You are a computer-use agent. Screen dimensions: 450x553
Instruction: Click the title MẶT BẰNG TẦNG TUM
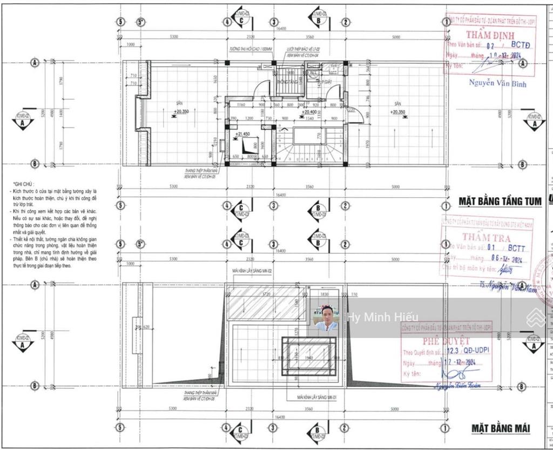pyautogui.click(x=500, y=202)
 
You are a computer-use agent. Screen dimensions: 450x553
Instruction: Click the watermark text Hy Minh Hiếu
pyautogui.click(x=383, y=317)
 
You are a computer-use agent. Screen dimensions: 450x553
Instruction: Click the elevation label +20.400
pyautogui.click(x=308, y=113)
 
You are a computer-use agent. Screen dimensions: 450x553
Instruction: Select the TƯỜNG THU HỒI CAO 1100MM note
pyautogui.click(x=251, y=49)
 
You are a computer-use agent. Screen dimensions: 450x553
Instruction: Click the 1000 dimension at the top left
pyautogui.click(x=130, y=45)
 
